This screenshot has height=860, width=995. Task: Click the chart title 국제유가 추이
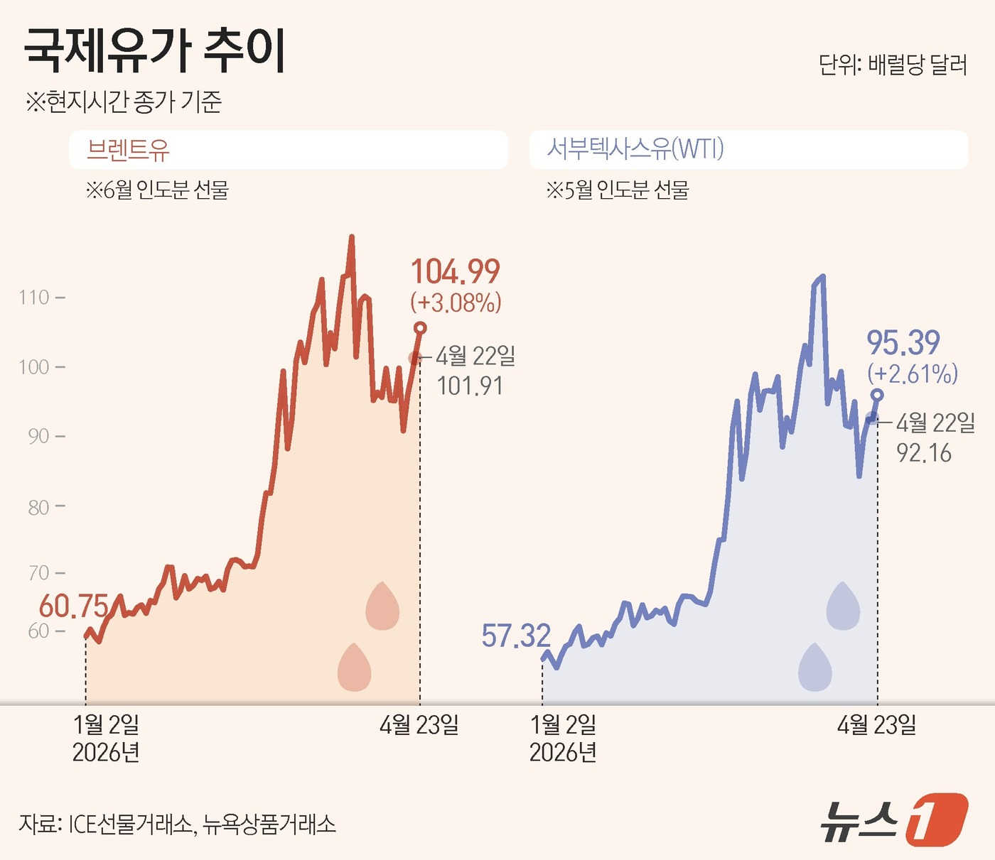(x=155, y=51)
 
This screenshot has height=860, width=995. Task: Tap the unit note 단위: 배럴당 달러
(x=893, y=65)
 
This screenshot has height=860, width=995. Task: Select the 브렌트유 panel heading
(x=128, y=150)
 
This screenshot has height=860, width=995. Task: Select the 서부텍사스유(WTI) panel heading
(x=635, y=149)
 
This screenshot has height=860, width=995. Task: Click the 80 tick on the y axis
(x=38, y=507)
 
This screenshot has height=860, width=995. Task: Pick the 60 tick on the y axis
(x=38, y=631)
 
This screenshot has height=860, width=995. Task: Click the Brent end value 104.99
(x=456, y=272)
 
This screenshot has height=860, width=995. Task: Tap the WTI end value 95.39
(x=903, y=343)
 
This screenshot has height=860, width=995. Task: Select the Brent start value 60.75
(x=73, y=606)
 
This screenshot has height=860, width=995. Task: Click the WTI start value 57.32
(x=516, y=636)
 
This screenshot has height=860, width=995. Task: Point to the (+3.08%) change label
(x=456, y=303)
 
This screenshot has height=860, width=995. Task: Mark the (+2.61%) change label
(x=913, y=374)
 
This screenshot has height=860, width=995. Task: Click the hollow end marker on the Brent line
(x=420, y=328)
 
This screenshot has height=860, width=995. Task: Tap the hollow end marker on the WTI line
(x=877, y=395)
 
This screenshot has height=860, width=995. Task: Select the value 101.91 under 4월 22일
(x=470, y=386)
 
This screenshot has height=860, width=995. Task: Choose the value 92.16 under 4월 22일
(x=924, y=452)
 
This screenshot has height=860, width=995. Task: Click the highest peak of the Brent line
(x=351, y=238)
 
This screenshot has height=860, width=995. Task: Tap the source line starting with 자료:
(x=177, y=824)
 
